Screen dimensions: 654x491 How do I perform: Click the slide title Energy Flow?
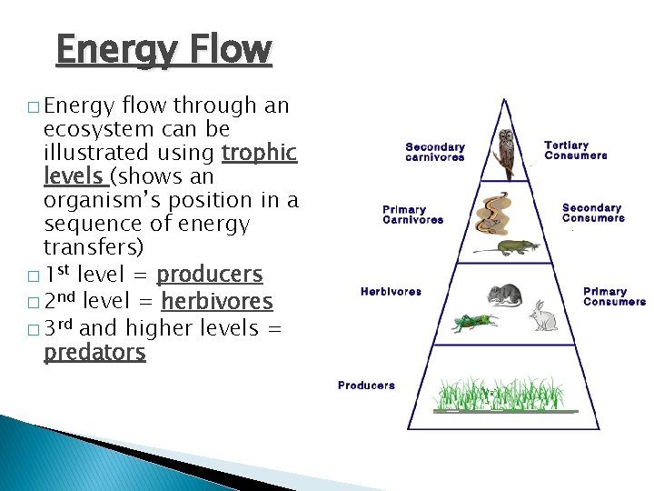163,51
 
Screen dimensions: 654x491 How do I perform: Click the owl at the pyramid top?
506,152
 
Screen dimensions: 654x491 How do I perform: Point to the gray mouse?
504,294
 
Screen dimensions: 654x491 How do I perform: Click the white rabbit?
543,315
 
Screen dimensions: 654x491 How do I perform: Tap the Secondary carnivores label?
435,152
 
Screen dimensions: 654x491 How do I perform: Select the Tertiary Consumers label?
576,150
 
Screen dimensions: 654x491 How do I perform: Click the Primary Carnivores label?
413,215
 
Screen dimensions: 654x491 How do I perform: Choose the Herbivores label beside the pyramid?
391,292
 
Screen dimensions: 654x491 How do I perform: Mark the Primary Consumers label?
614,296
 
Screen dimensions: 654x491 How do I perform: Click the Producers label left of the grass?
366,386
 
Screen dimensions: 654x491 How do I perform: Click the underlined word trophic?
260,153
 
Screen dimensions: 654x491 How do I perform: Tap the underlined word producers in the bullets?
210,275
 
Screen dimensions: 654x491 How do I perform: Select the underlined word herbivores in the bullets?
216,301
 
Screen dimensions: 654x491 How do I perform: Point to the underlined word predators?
94,352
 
